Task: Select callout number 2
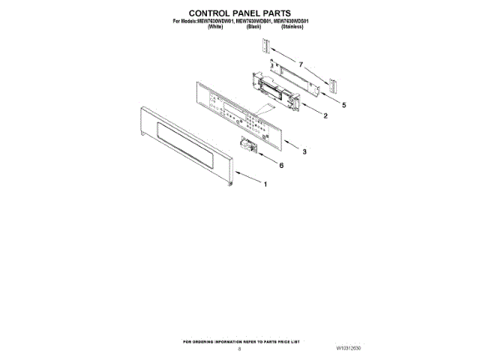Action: [x=325, y=116]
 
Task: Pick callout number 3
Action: [x=304, y=151]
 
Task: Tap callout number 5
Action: [x=343, y=106]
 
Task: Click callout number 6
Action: [x=281, y=165]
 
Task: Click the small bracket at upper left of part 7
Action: [x=266, y=47]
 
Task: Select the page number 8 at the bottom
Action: [x=239, y=349]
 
